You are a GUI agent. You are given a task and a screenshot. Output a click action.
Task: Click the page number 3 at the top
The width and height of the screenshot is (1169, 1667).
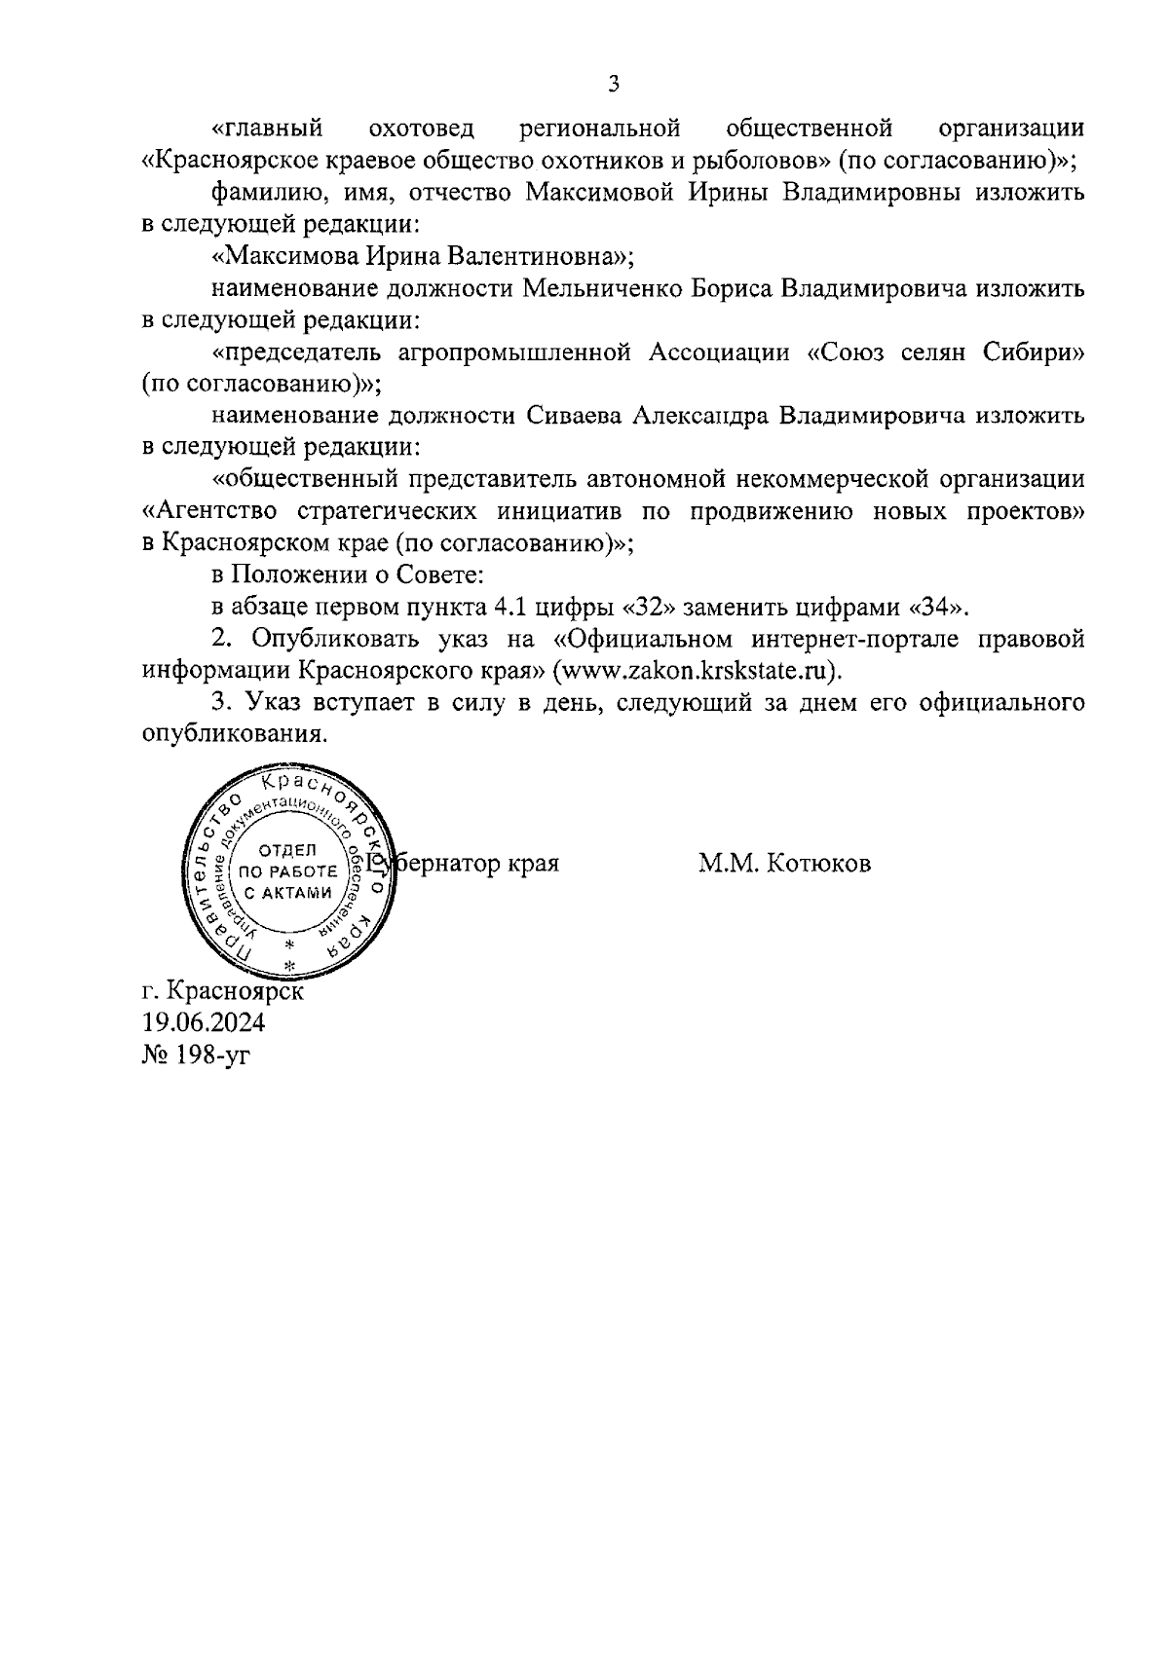point(614,84)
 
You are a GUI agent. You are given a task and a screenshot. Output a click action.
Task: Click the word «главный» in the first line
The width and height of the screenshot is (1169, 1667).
point(268,129)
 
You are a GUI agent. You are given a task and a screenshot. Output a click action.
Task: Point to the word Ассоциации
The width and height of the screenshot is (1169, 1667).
point(719,352)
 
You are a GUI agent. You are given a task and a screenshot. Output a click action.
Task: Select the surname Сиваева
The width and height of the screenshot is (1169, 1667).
point(574,417)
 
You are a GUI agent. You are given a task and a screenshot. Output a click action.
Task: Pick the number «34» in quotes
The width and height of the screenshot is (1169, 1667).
point(939,608)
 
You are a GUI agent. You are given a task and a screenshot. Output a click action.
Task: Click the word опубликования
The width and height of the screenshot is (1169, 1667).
point(231,735)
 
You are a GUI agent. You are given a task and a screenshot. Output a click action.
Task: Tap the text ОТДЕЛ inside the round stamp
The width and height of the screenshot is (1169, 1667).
point(288,849)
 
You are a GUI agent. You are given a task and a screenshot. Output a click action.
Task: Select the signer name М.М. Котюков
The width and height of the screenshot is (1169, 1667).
point(784,864)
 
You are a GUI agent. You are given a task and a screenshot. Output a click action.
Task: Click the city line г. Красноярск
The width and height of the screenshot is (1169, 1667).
point(222,991)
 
